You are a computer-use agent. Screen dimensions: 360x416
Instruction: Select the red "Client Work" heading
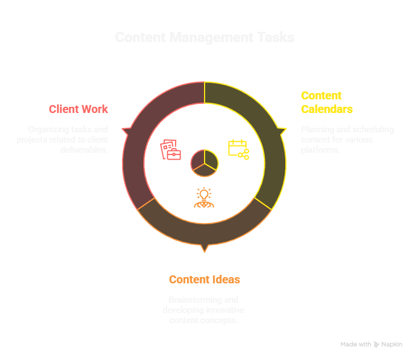(x=78, y=109)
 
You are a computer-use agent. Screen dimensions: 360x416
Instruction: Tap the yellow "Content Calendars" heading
(x=326, y=102)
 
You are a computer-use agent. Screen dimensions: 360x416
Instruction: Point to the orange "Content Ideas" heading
(x=205, y=279)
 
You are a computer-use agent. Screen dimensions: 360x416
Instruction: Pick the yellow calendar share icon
(x=238, y=149)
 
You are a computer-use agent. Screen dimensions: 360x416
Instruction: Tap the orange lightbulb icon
(x=204, y=197)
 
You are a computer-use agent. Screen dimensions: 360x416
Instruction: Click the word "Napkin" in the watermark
(x=393, y=345)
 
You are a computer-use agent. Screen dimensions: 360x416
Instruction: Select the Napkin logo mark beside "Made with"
(x=377, y=345)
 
